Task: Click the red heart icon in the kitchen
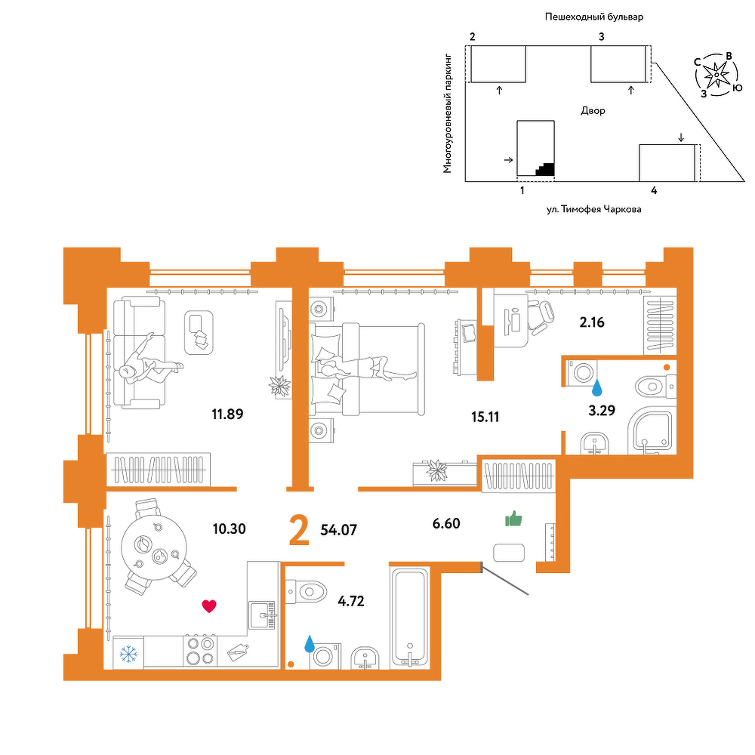pos(209,606)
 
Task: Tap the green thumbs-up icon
pos(513,519)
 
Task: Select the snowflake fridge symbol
pos(128,654)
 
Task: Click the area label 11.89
pos(227,414)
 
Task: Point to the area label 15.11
pos(485,417)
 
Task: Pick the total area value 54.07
pos(339,530)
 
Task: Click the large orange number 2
pos(299,530)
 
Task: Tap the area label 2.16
pos(592,322)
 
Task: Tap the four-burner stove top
pos(200,651)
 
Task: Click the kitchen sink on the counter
pos(263,615)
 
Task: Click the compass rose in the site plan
pos(716,75)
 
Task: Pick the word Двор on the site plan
pos(593,111)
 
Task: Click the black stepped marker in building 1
pos(545,169)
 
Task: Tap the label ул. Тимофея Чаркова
pos(593,209)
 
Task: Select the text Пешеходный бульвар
pos(594,17)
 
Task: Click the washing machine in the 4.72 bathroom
pos(325,656)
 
